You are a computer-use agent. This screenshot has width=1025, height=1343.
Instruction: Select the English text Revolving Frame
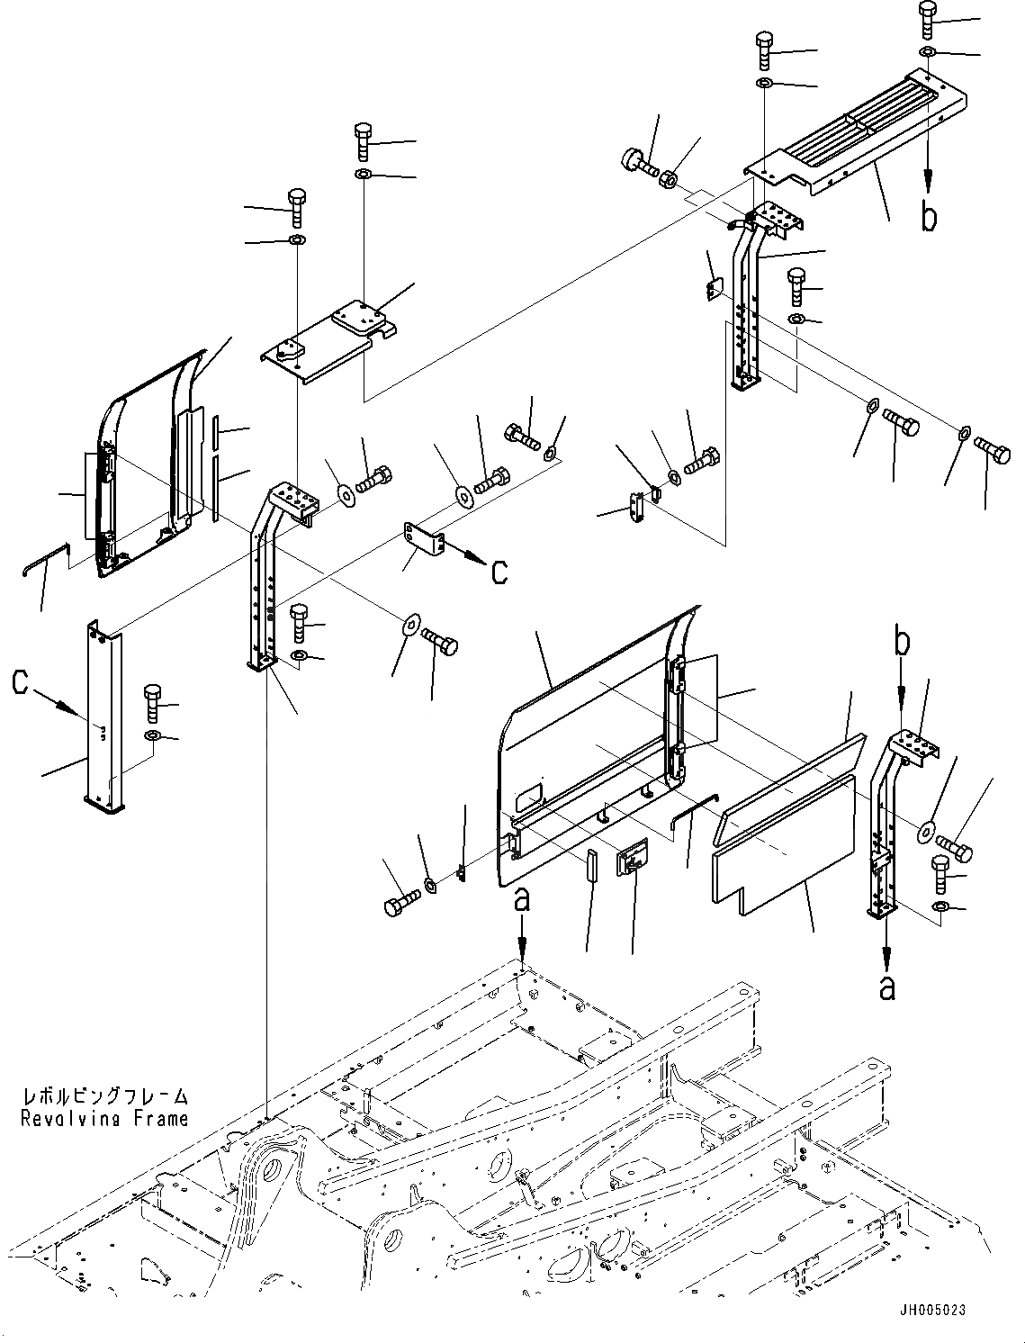[x=106, y=1118]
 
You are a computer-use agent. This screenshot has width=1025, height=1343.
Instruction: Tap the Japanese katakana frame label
[x=106, y=1096]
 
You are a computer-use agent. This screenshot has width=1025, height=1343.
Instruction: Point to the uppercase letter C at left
[x=21, y=683]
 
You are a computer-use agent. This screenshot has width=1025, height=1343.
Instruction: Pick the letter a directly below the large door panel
[x=522, y=899]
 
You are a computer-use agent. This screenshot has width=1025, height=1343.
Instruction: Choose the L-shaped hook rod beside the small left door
[x=45, y=558]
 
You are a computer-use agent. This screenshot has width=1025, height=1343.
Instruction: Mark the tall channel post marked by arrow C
[x=102, y=716]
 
